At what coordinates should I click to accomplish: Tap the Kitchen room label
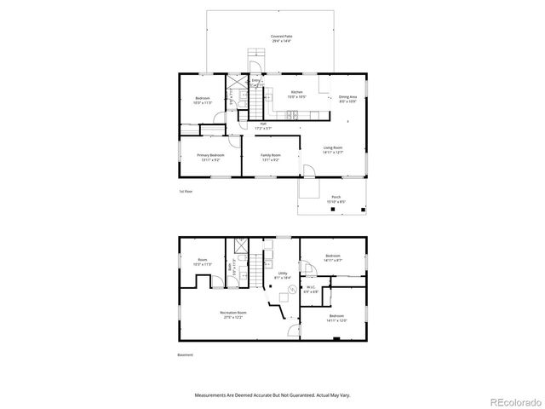296,94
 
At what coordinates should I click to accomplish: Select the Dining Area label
347,99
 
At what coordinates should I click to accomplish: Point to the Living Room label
332,150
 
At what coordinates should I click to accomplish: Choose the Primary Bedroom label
210,157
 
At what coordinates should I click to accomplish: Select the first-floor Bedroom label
202,101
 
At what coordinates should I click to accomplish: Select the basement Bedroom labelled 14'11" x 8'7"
332,258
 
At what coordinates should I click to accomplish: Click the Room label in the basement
202,262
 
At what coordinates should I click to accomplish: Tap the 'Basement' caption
186,354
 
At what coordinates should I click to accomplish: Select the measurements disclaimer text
272,395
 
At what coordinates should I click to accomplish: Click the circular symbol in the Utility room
292,290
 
